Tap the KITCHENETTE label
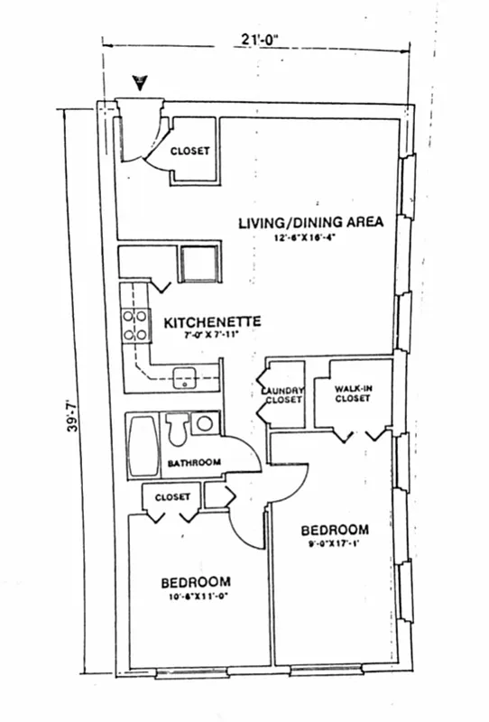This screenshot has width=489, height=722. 212,321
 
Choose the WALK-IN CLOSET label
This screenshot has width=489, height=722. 352,393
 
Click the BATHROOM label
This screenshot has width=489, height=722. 193,463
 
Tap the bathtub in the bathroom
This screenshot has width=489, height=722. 142,448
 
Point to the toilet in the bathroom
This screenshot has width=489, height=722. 177,430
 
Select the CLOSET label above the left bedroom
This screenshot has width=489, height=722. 171,497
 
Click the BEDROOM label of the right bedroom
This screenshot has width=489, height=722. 335,529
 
